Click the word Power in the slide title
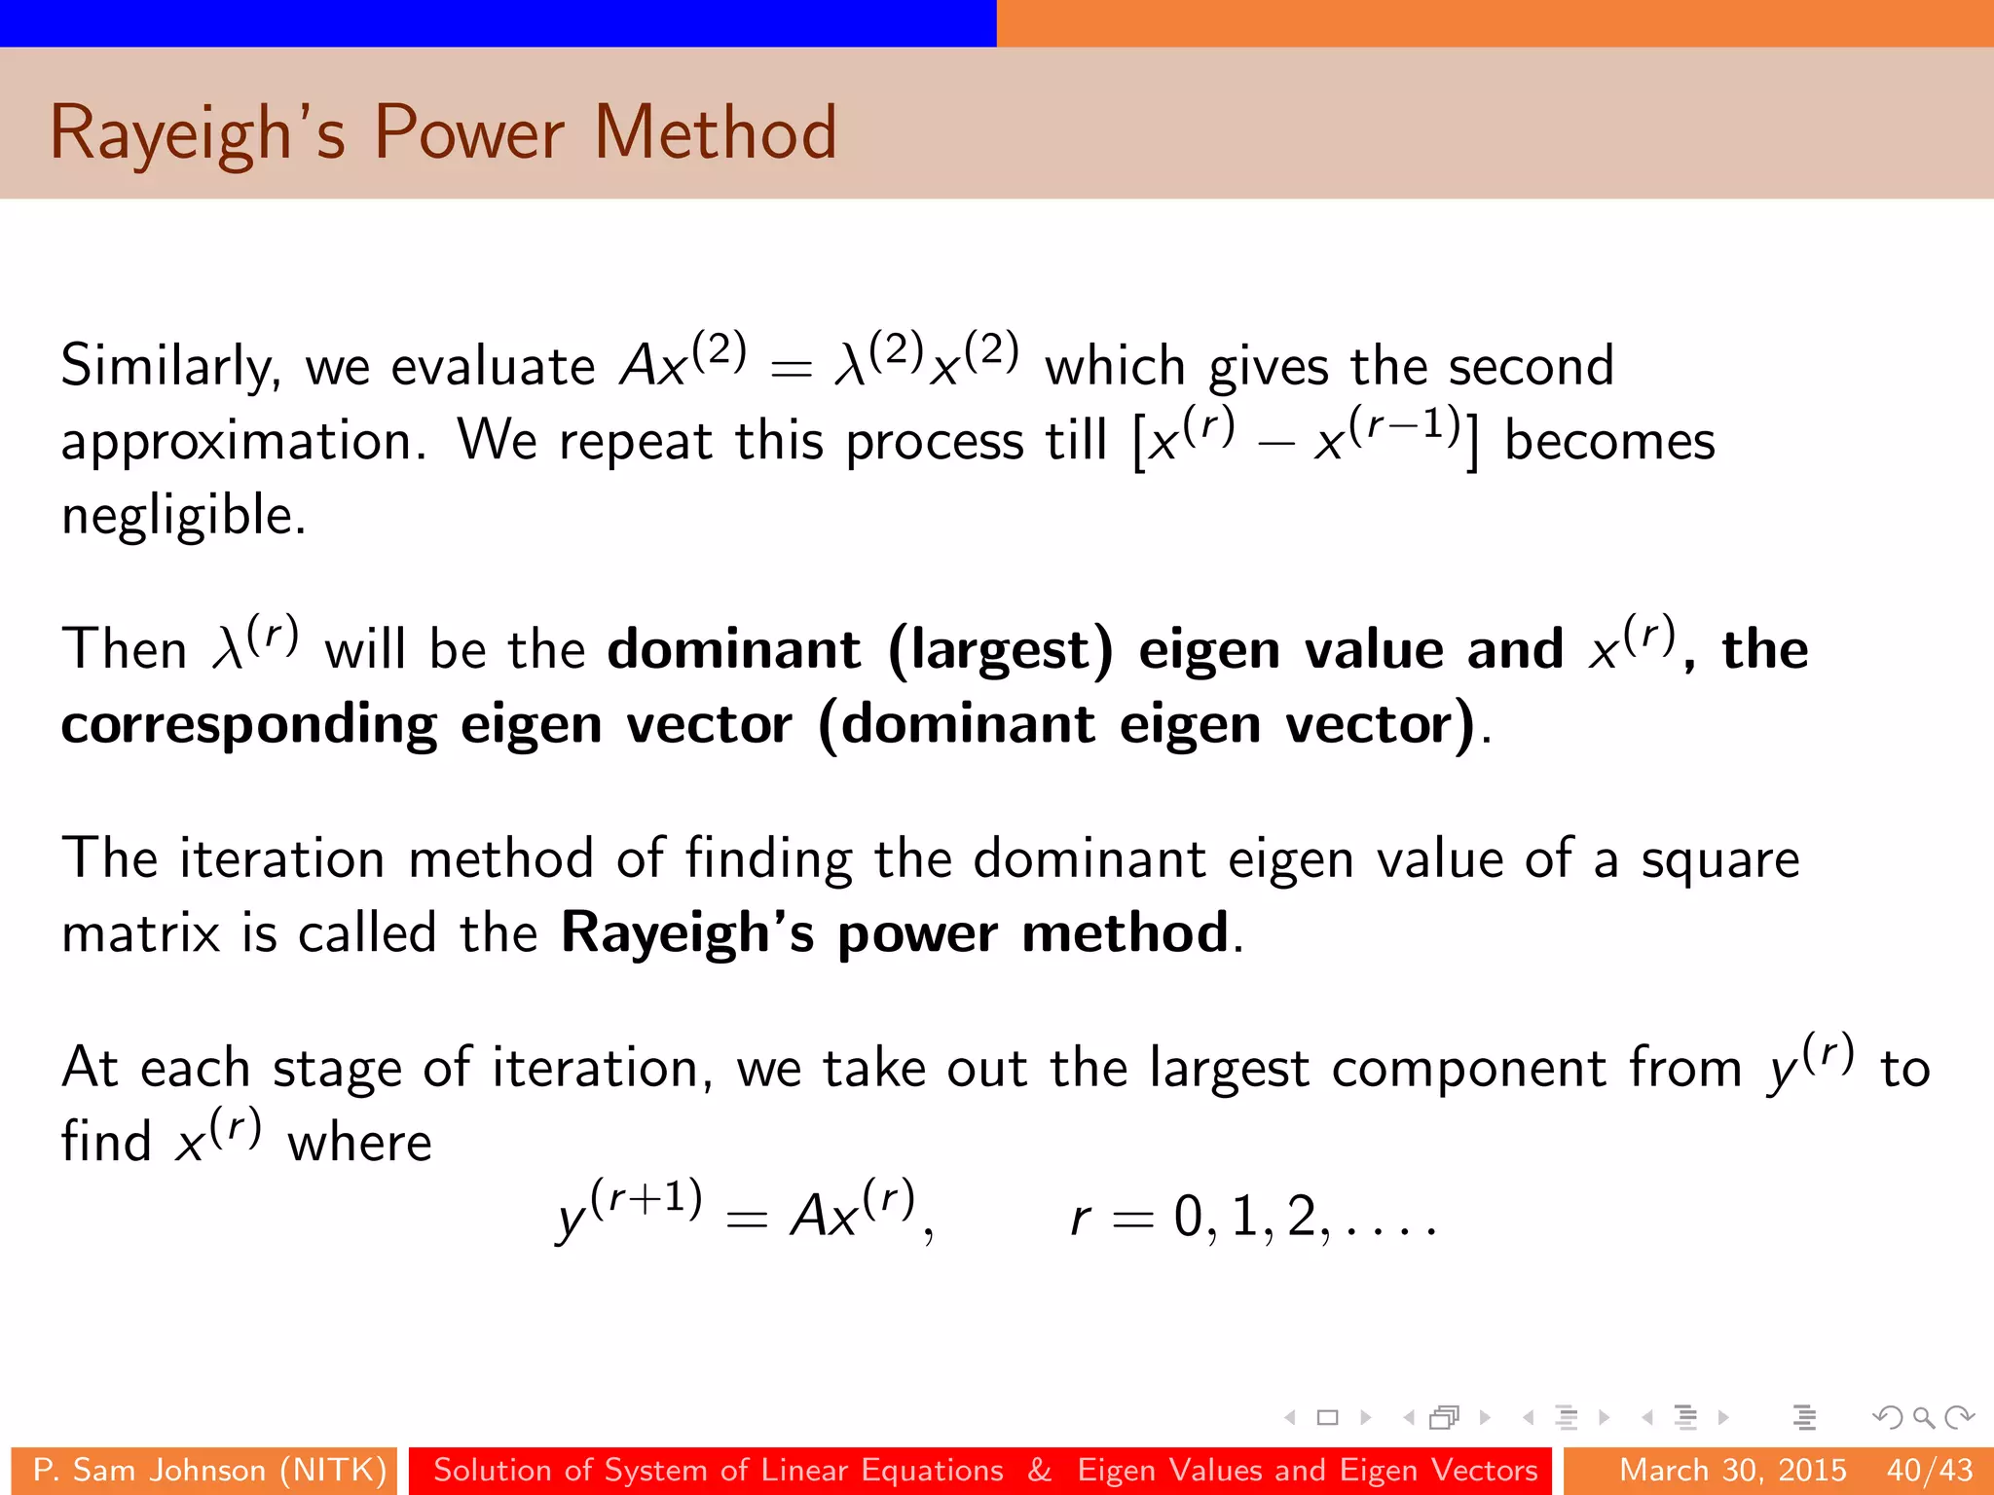[468, 132]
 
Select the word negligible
[183, 515]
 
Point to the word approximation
[243, 441]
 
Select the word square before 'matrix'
[1720, 858]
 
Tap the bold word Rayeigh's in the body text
[687, 932]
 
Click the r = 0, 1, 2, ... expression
[1252, 1217]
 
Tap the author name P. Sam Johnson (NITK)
[209, 1470]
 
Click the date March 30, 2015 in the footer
[1733, 1470]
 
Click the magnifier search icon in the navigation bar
[1923, 1417]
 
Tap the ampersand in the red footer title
[1040, 1470]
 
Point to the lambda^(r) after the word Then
[255, 644]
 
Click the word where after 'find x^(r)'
[359, 1143]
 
